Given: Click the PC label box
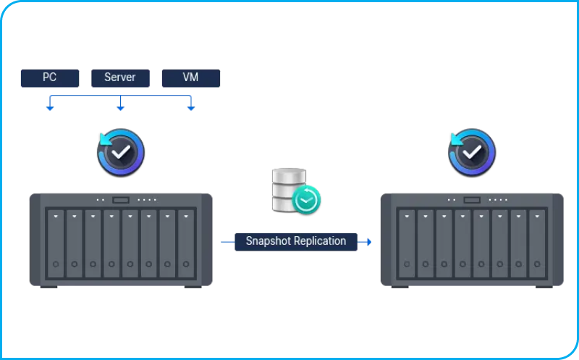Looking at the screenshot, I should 50,78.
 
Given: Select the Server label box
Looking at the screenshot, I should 120,78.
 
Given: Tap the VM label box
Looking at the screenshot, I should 190,78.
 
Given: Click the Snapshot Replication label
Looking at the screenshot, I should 296,241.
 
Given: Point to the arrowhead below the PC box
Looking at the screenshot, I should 50,108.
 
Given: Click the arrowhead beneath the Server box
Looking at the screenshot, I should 120,108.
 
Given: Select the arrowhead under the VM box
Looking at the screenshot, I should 191,108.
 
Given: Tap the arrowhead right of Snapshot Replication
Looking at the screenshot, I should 368,241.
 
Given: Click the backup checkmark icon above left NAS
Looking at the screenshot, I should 121,152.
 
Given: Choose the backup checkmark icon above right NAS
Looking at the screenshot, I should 472,152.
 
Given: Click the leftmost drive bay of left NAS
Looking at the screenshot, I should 56,243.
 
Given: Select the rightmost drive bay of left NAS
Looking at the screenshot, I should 186,243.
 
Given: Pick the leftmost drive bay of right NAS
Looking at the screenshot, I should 407,243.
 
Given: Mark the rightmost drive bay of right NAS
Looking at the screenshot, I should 537,243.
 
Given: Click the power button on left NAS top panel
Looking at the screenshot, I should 121,200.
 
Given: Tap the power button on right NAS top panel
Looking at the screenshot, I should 472,200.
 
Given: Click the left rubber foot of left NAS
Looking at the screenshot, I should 48,287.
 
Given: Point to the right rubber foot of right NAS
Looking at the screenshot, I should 544,287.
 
